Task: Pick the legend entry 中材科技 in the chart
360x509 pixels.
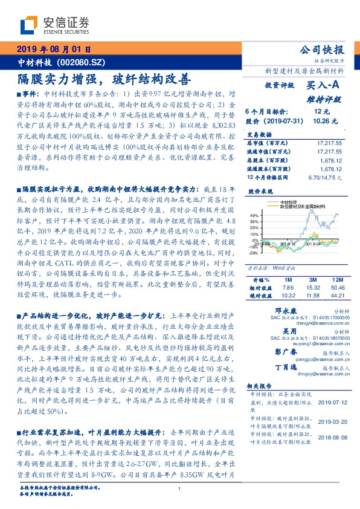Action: [292, 203]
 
